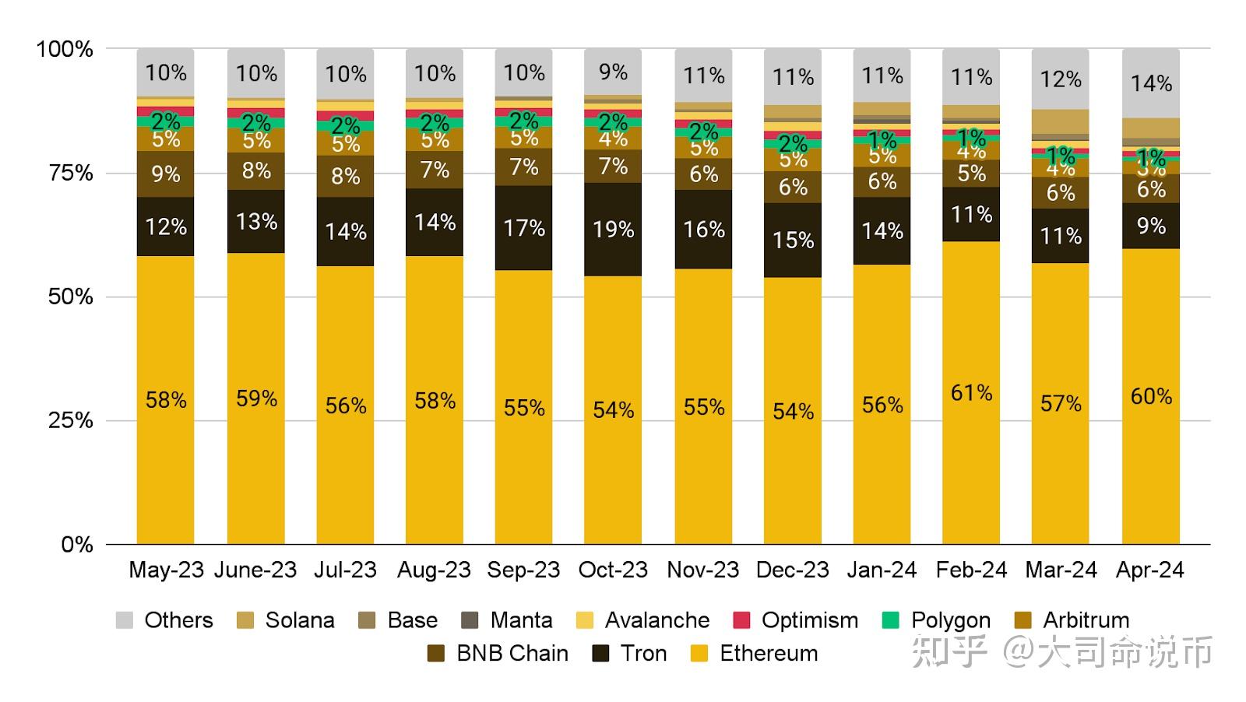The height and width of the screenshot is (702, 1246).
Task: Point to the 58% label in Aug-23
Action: click(x=435, y=401)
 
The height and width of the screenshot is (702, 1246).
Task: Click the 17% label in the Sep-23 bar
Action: click(x=524, y=228)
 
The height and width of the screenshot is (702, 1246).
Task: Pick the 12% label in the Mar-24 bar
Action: click(x=1061, y=79)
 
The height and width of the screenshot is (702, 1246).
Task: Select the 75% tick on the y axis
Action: click(x=71, y=173)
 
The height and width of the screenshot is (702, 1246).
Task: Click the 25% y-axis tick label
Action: click(x=71, y=421)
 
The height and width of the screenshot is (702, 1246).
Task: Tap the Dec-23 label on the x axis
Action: click(x=793, y=570)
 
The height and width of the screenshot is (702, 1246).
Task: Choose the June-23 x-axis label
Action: click(x=255, y=570)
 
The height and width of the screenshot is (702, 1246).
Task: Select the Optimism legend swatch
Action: click(x=741, y=620)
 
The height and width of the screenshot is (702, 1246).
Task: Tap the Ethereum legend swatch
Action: click(x=699, y=654)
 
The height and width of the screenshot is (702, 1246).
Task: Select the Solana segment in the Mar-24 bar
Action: click(x=1061, y=121)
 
